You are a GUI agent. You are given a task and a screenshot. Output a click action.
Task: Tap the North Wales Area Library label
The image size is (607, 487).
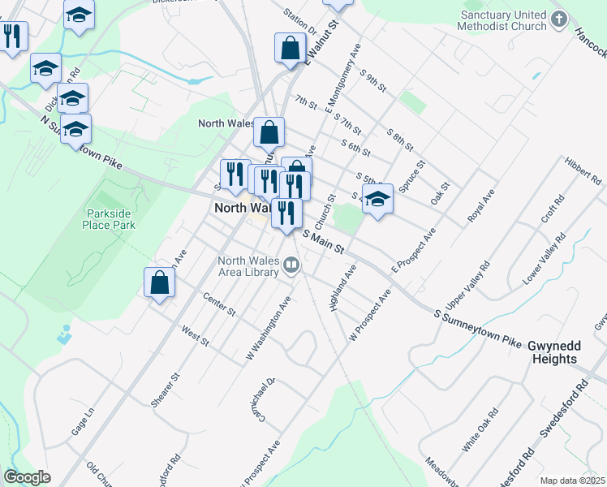coord(248,266)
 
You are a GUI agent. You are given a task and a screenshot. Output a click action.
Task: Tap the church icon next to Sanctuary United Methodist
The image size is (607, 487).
coord(558,19)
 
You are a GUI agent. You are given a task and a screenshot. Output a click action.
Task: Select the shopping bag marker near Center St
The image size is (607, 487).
coord(160,282)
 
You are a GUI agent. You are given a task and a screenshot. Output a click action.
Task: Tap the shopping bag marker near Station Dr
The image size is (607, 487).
coord(290,48)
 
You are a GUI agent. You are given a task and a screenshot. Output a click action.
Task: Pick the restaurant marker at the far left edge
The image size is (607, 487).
coord(12,37)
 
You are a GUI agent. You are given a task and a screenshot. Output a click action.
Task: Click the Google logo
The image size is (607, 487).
coord(28,477)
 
